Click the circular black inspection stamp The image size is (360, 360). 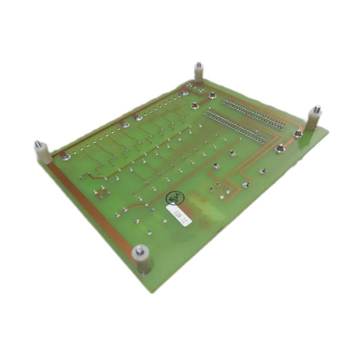pyautogui.click(x=175, y=198)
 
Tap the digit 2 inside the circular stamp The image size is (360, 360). pyautogui.click(x=176, y=194)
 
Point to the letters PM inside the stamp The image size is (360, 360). pyautogui.click(x=173, y=200)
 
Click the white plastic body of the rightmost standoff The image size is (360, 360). pyautogui.click(x=312, y=121)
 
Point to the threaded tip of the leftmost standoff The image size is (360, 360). pyautogui.click(x=38, y=145)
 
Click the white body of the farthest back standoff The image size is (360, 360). pyautogui.click(x=198, y=75)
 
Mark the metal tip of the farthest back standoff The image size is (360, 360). pyautogui.click(x=198, y=66)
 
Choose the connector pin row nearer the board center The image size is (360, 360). pyautogui.click(x=238, y=124)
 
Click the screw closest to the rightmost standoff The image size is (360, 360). pyautogui.click(x=297, y=133)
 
